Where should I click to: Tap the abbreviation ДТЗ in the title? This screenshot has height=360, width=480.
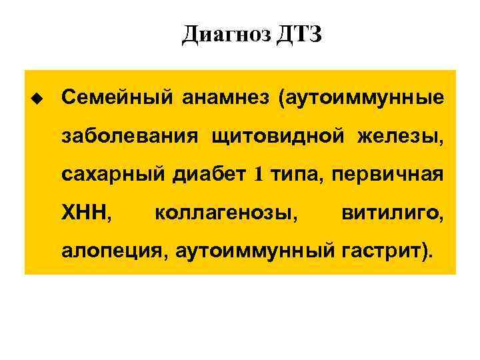coord(297,34)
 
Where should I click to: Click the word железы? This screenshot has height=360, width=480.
coord(400,137)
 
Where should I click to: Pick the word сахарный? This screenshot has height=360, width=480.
coord(113,175)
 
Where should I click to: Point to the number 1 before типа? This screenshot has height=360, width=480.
coord(259,175)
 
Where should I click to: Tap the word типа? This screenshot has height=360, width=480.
coord(289,175)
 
